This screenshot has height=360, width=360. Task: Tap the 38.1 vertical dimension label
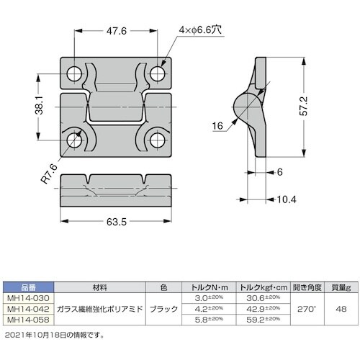[x=42, y=107]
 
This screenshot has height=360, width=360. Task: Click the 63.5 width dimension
[x=118, y=222]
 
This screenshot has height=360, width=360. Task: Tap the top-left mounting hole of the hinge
[x=74, y=73]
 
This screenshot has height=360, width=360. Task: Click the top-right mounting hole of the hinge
[x=159, y=73]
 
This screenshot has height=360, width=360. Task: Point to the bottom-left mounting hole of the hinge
[x=74, y=140]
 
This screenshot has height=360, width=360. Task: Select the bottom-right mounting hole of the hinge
[x=159, y=140]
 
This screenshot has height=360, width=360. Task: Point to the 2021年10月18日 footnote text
[x=54, y=334]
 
